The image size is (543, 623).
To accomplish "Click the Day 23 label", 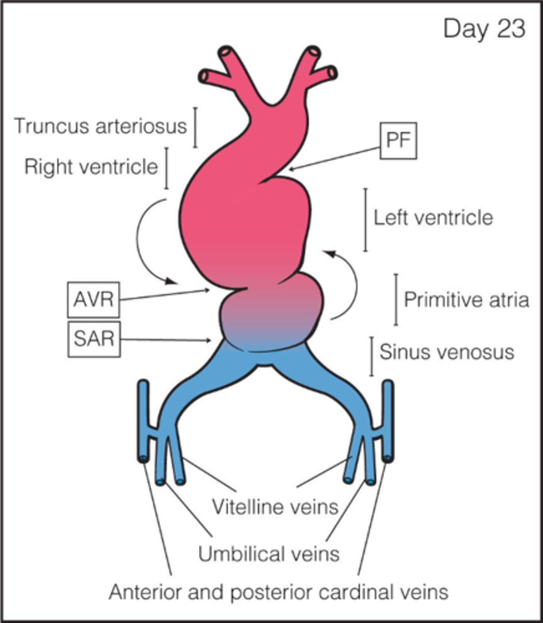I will click(x=484, y=30).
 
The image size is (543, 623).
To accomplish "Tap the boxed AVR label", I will click(x=93, y=300).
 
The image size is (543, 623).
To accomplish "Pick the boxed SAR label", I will click(x=93, y=340).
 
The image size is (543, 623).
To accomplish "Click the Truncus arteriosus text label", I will click(x=100, y=126).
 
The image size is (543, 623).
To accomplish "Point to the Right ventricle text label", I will click(x=91, y=167).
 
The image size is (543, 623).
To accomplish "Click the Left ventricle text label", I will click(x=433, y=217).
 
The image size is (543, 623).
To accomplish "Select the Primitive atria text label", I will click(x=467, y=300).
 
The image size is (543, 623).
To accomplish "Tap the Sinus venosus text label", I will click(x=447, y=352).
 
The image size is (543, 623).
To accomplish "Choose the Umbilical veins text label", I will click(x=269, y=553).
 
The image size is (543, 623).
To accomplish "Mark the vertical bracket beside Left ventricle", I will click(x=365, y=220).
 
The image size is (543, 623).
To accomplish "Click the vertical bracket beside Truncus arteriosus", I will click(x=195, y=127).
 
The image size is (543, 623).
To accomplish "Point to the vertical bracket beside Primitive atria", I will click(x=396, y=300).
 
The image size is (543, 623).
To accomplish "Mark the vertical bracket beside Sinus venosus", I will click(x=372, y=356).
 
